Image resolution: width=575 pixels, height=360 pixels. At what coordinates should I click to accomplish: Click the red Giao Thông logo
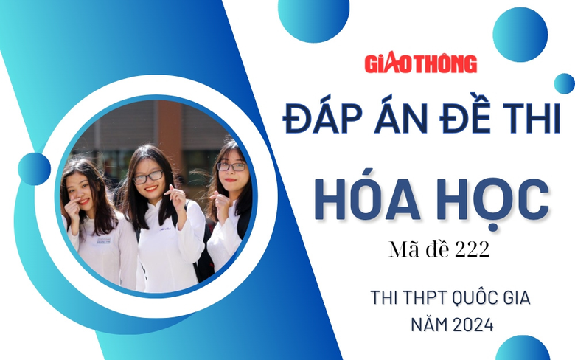pyautogui.click(x=421, y=63)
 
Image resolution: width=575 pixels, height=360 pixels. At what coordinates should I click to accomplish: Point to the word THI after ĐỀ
pyautogui.click(x=532, y=119)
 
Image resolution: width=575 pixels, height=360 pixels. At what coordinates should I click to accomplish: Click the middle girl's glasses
pyautogui.click(x=148, y=177)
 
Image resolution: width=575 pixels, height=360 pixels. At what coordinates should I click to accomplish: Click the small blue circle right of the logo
pyautogui.click(x=564, y=83)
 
